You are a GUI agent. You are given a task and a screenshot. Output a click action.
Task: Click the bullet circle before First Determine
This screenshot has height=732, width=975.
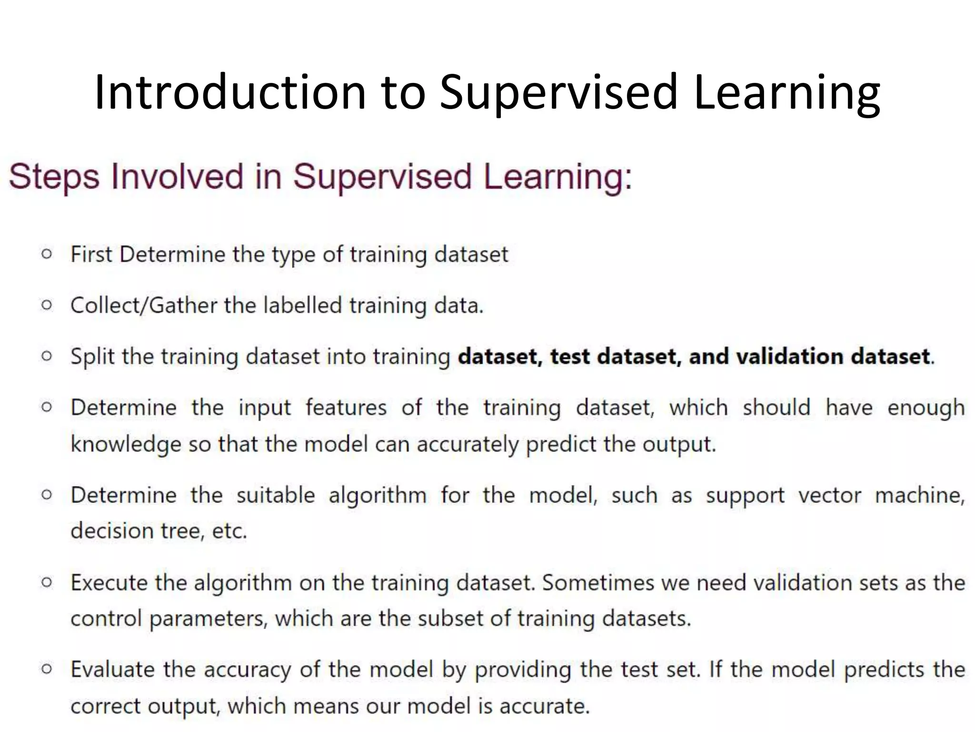click(47, 254)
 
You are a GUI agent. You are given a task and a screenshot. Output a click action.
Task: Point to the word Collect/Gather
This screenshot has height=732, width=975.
click(143, 305)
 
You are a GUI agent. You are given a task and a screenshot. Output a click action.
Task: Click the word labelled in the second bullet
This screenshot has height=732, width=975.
click(303, 305)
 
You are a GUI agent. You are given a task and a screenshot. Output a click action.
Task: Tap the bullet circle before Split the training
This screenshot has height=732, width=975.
click(47, 356)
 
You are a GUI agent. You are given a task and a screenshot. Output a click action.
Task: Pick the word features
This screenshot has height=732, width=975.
click(346, 408)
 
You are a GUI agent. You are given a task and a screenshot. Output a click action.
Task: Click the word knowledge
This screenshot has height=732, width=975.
click(126, 445)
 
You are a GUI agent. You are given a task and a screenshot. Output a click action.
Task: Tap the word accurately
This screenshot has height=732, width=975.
click(468, 445)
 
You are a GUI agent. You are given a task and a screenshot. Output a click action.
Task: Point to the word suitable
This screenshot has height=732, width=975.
click(276, 496)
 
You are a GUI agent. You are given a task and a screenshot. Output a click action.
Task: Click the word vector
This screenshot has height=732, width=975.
click(830, 496)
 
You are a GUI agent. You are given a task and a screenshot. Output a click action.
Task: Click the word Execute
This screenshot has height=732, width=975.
click(109, 583)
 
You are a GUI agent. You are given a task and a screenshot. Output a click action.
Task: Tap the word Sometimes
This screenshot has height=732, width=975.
click(598, 583)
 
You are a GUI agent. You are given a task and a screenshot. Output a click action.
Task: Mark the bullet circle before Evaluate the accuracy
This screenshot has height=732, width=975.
click(47, 669)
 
